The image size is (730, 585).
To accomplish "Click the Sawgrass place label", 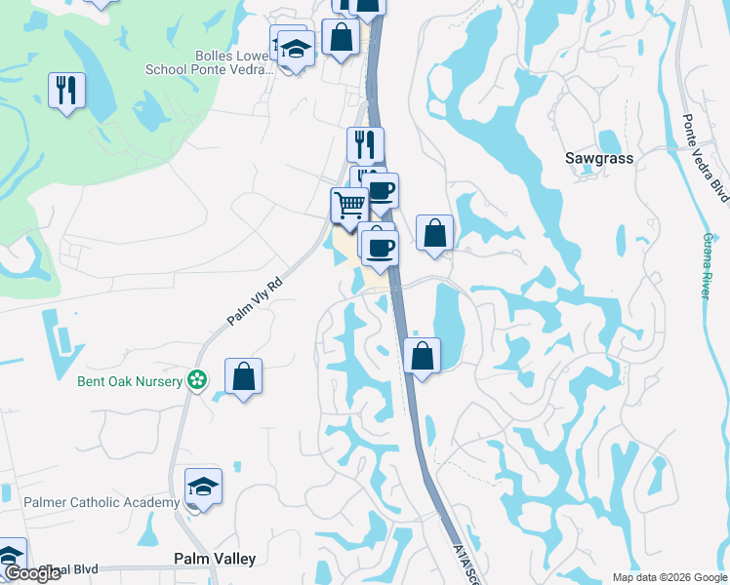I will coord(599,158).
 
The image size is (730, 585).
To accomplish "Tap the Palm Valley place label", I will coord(215,559).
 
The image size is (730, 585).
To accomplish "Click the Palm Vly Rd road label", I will coord(254,300).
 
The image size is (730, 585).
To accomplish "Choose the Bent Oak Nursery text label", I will coord(131,381).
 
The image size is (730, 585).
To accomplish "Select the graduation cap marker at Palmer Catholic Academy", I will coord(204,486).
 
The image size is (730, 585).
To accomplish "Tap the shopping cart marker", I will coord(348,206).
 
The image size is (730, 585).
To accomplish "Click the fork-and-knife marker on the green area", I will coord(66,91).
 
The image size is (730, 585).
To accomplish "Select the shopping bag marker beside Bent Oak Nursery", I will coord(243,376).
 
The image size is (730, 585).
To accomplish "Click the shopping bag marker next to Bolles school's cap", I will coord(342,38).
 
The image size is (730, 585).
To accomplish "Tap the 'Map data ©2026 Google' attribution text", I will coord(669,577).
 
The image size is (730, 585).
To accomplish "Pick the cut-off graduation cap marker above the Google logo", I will coord(10,554).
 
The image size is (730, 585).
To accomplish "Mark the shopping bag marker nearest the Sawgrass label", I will coord(435,233).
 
